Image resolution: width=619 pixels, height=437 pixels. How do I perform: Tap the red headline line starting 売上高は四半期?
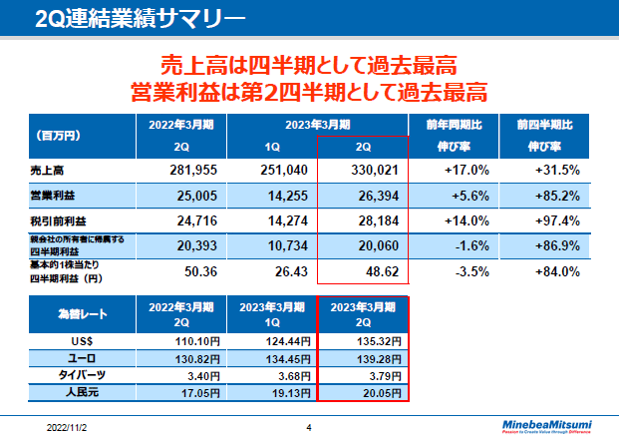[308, 67]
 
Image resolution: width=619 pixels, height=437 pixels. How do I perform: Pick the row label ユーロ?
[77, 358]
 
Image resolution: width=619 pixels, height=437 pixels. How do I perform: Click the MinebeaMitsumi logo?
[544, 422]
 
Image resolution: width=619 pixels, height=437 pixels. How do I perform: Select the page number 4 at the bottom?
[309, 427]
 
